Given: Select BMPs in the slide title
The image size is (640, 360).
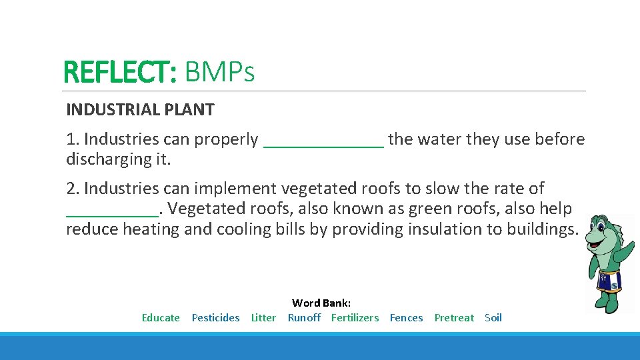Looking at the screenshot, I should [x=219, y=72].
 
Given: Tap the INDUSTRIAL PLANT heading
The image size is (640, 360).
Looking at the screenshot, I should [x=140, y=110].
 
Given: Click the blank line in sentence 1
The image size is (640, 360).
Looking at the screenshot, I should [x=324, y=141].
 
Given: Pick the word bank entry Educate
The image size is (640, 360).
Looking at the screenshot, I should [x=161, y=318].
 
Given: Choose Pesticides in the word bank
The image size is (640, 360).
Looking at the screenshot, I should [x=215, y=318].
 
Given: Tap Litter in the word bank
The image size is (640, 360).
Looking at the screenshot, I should [x=263, y=318].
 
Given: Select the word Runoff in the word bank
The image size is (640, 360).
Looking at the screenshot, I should [x=304, y=318].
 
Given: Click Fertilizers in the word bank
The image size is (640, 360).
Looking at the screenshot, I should [x=355, y=318].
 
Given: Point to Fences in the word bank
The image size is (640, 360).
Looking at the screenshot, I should [x=406, y=318].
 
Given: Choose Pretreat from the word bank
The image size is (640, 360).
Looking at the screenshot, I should [x=454, y=318].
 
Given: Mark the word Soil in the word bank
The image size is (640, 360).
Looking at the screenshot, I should [x=493, y=318].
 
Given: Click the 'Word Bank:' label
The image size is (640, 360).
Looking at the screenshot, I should [x=321, y=303].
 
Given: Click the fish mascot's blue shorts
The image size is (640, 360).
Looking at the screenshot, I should [x=609, y=281].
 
